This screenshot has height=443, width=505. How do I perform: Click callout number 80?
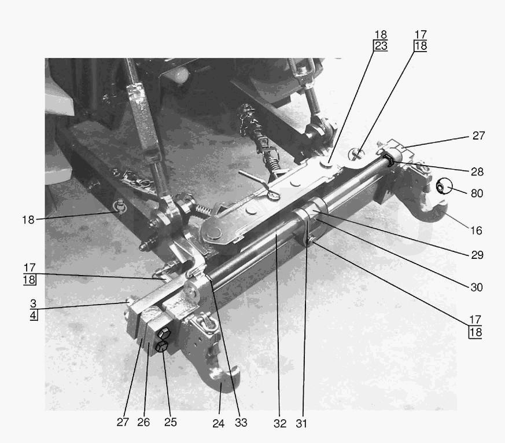coord(477,193)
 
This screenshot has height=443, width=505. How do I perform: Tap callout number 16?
coord(476,230)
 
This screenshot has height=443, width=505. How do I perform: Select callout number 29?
coord(477,255)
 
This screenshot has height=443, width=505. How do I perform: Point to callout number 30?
coord(477,287)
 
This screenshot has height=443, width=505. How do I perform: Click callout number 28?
coord(477,171)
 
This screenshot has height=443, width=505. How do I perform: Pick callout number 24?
coord(218,423)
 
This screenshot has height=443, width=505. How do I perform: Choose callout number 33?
coord(241,422)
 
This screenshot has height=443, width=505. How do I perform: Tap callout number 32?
coord(280,423)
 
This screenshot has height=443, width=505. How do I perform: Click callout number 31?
coord(301,423)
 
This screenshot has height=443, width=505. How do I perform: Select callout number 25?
coord(171,422)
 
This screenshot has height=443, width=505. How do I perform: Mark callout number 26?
coord(143,422)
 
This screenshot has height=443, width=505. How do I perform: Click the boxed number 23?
coord(381,46)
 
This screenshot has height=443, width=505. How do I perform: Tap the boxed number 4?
coord(34,315)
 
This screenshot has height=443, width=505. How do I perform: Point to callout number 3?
coord(34,303)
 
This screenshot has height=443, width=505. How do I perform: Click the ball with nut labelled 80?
coord(444,186)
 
